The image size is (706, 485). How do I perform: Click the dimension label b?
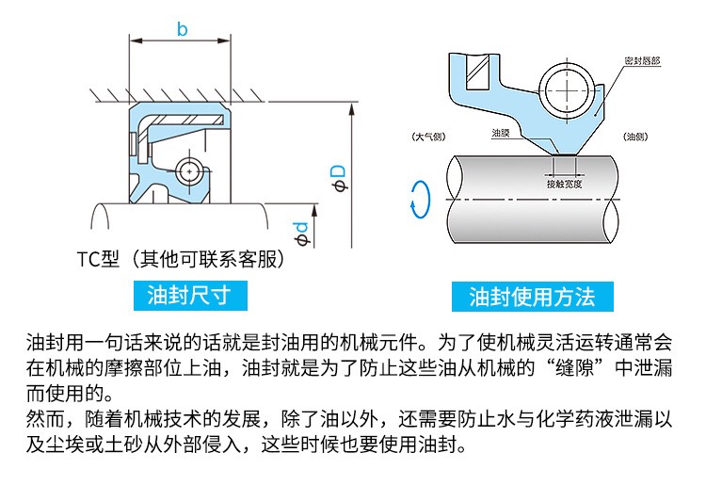coord(182,30)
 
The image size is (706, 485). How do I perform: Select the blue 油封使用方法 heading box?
coord(532,297)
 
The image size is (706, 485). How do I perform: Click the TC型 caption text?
coord(97,258)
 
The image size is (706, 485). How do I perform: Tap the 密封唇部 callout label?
coord(642,60)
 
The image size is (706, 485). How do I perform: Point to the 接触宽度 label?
coord(565,185)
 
